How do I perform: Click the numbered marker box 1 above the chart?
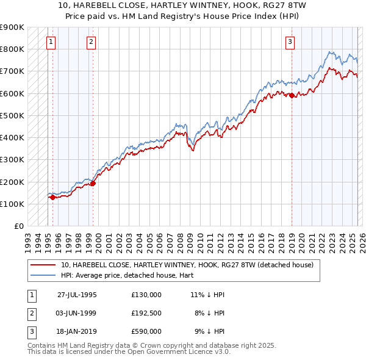point(51,42)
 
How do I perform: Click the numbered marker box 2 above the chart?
point(90,42)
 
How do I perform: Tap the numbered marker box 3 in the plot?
point(290,42)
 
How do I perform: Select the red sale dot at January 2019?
point(292,95)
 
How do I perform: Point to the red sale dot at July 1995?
point(53,197)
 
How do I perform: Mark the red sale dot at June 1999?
point(93,183)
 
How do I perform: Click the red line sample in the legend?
point(43,265)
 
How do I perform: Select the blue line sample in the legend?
point(43,275)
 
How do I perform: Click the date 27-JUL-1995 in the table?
point(77,294)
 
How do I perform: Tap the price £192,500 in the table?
point(146,312)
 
